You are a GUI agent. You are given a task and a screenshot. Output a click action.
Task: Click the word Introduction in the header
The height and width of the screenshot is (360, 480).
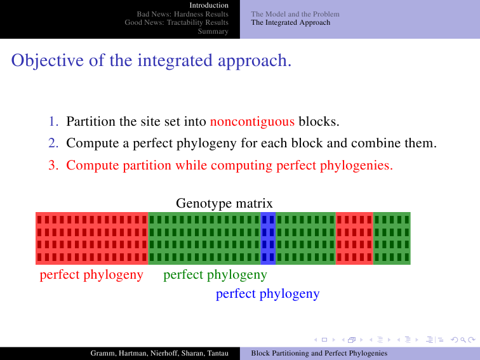(x=209, y=5)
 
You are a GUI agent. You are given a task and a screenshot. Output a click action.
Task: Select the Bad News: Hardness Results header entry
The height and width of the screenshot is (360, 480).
(x=182, y=14)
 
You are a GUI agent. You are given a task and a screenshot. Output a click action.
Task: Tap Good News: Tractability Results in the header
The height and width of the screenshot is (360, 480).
(x=177, y=22)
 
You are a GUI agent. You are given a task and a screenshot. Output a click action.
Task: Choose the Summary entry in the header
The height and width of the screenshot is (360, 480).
(x=213, y=31)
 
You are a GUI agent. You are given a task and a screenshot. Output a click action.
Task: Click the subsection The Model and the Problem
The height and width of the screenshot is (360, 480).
(x=295, y=14)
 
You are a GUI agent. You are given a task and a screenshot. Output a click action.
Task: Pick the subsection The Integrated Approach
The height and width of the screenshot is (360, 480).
(x=291, y=22)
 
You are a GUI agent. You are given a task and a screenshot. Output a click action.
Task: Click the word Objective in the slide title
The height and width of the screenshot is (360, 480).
(x=48, y=60)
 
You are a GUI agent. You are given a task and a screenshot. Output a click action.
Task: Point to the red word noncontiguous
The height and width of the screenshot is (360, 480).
(x=252, y=121)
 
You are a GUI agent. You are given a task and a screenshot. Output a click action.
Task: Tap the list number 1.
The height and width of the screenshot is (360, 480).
(x=53, y=121)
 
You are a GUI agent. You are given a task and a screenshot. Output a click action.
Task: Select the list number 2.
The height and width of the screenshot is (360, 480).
(x=53, y=143)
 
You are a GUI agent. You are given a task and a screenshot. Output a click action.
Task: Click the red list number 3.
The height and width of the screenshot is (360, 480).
(x=53, y=165)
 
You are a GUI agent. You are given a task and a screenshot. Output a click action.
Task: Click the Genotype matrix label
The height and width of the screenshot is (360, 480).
(x=224, y=203)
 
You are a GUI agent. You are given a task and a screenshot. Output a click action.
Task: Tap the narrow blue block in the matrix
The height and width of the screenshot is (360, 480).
(x=268, y=238)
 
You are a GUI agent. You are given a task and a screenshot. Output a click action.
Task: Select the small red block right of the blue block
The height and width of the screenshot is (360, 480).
(x=354, y=238)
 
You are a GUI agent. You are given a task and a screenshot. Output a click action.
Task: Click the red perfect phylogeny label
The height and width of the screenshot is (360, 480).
(x=91, y=275)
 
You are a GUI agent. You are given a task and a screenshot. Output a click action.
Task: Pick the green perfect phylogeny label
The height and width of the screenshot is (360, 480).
(x=215, y=275)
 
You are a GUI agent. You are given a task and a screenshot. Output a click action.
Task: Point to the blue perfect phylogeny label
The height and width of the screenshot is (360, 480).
(x=267, y=294)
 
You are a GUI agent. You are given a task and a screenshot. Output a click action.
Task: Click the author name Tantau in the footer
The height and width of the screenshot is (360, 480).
(x=218, y=353)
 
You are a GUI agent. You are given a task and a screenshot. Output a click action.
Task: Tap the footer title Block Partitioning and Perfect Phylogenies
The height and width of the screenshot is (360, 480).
(x=319, y=353)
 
